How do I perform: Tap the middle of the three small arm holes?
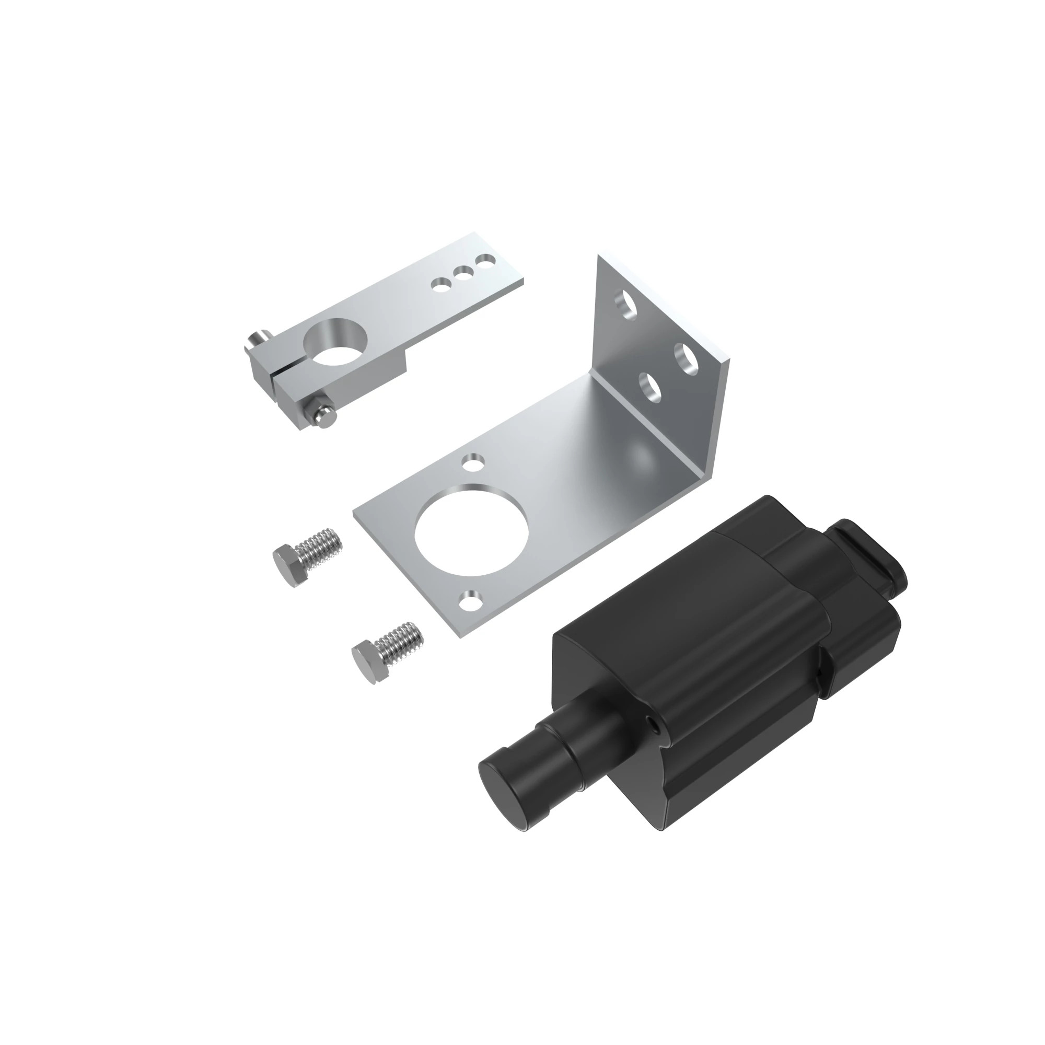click(x=462, y=273)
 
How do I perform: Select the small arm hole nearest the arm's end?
click(x=485, y=262)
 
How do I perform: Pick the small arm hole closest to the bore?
click(x=441, y=283)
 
